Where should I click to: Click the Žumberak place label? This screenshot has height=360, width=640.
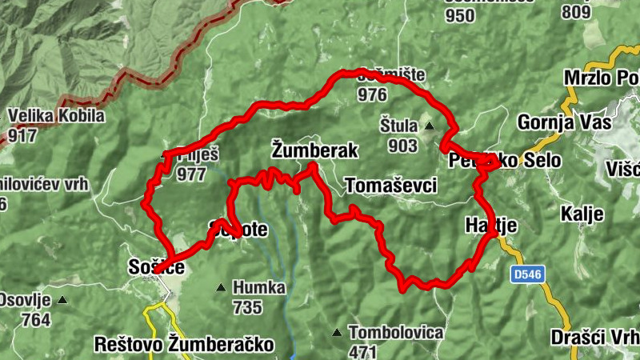[314, 150]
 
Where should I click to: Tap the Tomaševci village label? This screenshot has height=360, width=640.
[391, 186]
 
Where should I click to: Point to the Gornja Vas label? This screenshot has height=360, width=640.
[565, 122]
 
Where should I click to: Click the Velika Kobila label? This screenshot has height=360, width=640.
[56, 116]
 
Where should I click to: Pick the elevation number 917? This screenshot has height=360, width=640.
[22, 135]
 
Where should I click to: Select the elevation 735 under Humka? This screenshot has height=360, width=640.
[248, 306]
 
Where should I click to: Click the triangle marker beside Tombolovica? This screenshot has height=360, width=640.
[338, 332]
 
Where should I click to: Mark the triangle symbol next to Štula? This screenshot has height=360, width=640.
[429, 126]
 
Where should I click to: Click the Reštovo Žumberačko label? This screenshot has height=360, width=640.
[184, 345]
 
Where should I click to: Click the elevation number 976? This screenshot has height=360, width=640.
[373, 95]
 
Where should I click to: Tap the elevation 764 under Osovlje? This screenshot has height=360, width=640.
[37, 320]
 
